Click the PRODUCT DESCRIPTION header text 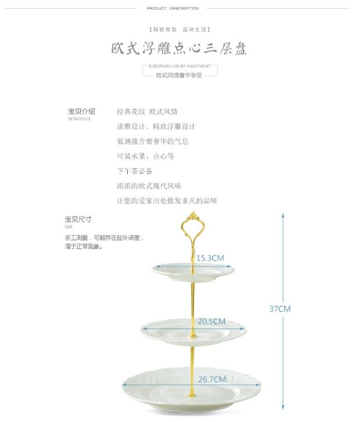172,9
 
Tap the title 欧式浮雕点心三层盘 179,49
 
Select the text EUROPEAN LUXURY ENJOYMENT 179,67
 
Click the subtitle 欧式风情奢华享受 179,75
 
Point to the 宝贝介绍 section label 81,111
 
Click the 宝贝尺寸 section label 78,219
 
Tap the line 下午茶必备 135,171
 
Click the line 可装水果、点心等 145,156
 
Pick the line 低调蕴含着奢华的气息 152,141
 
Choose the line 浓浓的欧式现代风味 149,186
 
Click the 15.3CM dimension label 210,258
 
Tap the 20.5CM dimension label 211,321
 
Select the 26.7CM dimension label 211,380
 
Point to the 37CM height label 279,309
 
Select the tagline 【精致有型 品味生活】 179,29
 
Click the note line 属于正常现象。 84,247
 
